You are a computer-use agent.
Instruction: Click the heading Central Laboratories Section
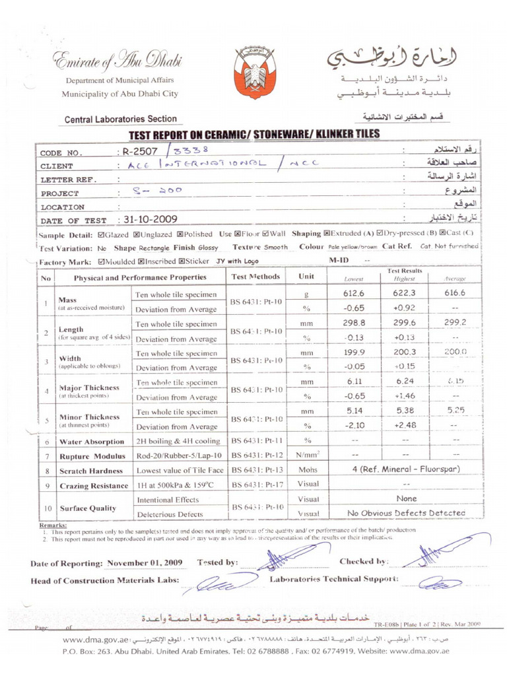(120, 119)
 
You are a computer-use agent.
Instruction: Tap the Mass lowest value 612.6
(354, 294)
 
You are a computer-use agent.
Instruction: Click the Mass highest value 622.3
(403, 294)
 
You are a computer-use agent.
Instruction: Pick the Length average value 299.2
(455, 323)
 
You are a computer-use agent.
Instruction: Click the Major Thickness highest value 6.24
(403, 382)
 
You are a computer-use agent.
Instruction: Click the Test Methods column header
(256, 277)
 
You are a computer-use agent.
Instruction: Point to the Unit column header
(306, 277)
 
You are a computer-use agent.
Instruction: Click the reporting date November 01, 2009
(145, 563)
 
